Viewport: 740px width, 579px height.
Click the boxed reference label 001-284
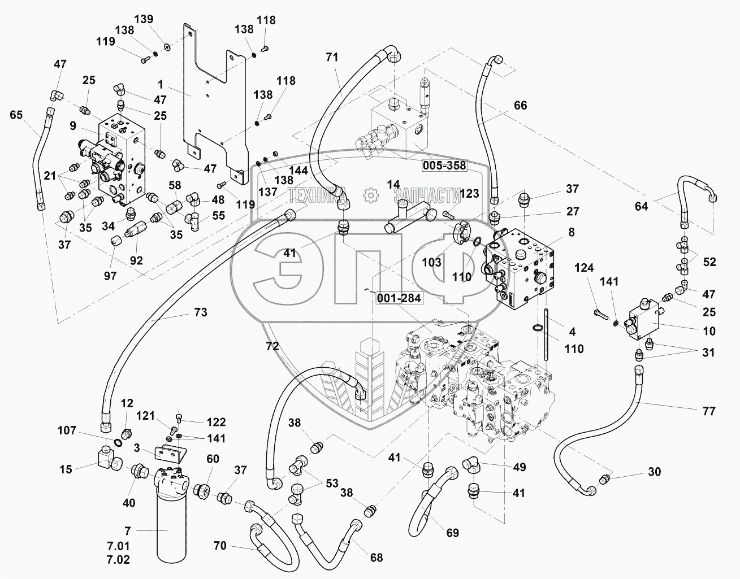tap(399, 298)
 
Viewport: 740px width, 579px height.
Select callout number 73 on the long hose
tap(201, 312)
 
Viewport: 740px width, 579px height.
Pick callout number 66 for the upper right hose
tap(520, 105)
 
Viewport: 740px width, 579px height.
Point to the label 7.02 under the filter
tap(118, 560)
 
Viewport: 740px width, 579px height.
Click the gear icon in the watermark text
tap(371, 195)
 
